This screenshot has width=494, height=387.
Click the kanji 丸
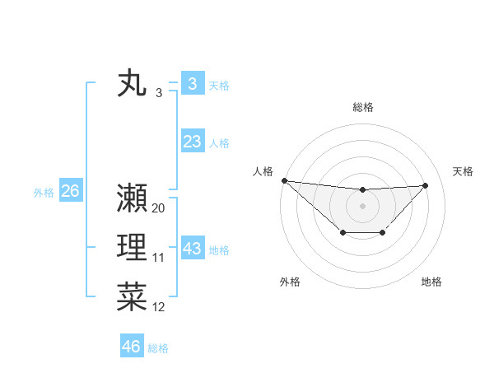132,84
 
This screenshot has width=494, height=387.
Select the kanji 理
132,248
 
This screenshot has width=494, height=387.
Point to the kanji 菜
132,296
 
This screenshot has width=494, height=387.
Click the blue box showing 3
192,83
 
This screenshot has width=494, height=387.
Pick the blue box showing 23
192,142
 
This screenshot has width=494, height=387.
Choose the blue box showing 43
192,248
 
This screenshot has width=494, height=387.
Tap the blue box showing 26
70,191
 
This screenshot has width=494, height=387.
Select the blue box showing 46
132,346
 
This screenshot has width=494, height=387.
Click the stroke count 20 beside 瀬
159,208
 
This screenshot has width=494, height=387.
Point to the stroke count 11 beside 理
159,258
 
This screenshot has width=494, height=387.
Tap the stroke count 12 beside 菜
159,307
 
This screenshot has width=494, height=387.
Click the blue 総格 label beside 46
158,348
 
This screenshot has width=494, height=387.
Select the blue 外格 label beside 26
44,193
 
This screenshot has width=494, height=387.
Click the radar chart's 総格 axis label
362,107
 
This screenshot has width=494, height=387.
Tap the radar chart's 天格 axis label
464,171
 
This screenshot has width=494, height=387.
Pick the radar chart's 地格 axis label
431,282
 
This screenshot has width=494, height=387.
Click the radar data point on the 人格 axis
284,180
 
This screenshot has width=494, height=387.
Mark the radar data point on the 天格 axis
426,185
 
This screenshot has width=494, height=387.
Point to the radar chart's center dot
362,205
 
